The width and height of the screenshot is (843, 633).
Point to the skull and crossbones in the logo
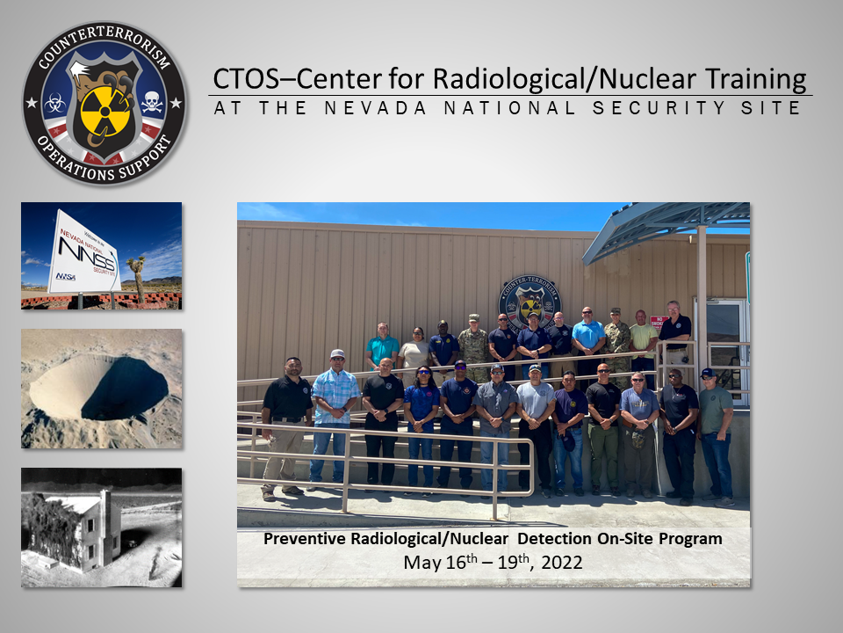click(152, 102)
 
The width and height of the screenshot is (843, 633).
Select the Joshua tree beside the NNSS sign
click(136, 274)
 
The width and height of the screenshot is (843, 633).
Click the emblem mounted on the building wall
click(530, 302)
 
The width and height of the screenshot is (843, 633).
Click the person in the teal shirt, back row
click(382, 347)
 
